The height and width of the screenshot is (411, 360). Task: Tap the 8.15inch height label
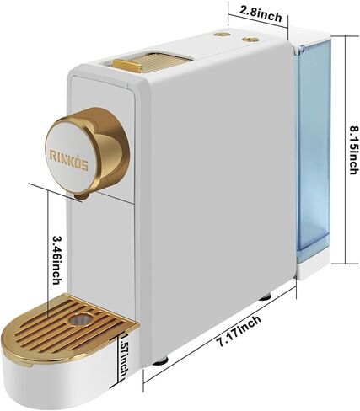[x=354, y=151]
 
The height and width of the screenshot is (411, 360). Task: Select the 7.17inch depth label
[x=239, y=331]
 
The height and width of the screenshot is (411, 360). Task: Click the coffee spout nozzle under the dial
[x=82, y=196]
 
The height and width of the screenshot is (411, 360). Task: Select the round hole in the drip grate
[x=79, y=319]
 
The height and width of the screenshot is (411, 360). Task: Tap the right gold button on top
[x=250, y=40]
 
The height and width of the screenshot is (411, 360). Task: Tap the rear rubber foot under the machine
[x=265, y=296]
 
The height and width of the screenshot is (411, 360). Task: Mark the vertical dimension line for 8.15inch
[x=346, y=150]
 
